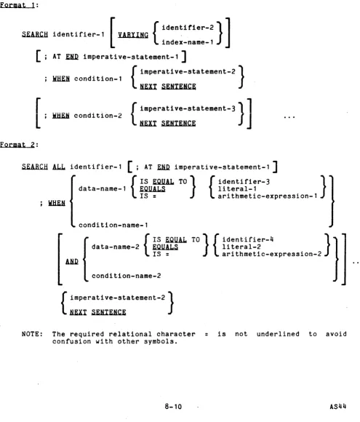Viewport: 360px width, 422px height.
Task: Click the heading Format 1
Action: click(x=17, y=5)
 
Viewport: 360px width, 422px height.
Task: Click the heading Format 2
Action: click(x=17, y=145)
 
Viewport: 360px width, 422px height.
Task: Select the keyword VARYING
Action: click(x=133, y=35)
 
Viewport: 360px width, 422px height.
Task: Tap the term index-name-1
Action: click(x=188, y=42)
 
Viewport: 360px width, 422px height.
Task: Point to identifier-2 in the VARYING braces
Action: click(x=188, y=28)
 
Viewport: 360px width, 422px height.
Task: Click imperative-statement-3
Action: click(x=188, y=108)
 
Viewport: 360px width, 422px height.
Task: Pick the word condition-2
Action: click(x=98, y=116)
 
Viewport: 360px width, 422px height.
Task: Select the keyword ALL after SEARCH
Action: click(x=59, y=167)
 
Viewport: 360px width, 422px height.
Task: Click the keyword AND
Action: click(x=72, y=261)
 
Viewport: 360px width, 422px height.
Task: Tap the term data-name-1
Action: click(x=103, y=188)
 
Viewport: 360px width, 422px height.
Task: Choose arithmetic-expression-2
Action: click(x=272, y=254)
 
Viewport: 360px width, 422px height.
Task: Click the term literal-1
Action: click(x=237, y=189)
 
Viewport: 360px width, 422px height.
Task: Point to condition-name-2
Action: click(x=127, y=276)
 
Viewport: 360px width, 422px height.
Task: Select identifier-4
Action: click(x=248, y=239)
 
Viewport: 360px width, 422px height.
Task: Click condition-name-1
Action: click(x=113, y=225)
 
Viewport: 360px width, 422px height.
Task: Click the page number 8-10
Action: click(x=173, y=407)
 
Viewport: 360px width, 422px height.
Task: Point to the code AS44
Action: click(x=338, y=407)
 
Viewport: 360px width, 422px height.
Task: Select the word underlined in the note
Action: click(x=278, y=334)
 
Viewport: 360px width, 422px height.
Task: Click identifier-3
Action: click(x=244, y=182)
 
